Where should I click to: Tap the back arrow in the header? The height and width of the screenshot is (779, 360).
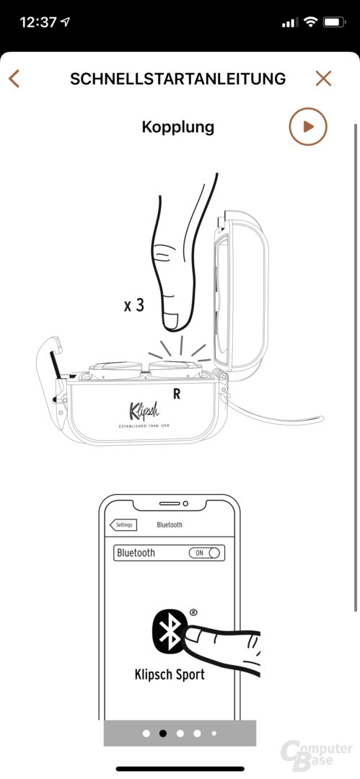pos(14,79)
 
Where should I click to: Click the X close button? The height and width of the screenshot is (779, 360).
pos(323,79)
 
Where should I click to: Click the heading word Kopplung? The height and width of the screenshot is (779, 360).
pos(178,127)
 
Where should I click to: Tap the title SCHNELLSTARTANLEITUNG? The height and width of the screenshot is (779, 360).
pos(178,79)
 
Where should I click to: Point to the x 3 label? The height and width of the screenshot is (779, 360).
pos(133,304)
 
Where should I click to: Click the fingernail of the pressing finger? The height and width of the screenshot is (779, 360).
pos(172,321)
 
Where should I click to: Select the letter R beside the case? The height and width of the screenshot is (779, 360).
pos(177,394)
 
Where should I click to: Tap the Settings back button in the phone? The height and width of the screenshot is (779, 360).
pos(123,524)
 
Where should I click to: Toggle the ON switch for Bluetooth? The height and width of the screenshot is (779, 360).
pos(204,553)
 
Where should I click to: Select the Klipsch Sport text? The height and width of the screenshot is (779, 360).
pos(170,674)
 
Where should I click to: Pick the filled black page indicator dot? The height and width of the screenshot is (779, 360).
pos(162,733)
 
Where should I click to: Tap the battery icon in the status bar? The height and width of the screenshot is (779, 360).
pos(334,22)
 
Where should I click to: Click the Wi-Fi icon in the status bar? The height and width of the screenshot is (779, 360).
pos(311,22)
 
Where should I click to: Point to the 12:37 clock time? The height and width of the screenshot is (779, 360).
pos(38,22)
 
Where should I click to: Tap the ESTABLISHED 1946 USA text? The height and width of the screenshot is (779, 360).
pos(145,426)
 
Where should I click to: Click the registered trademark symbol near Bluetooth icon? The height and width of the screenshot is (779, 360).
pos(193,612)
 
